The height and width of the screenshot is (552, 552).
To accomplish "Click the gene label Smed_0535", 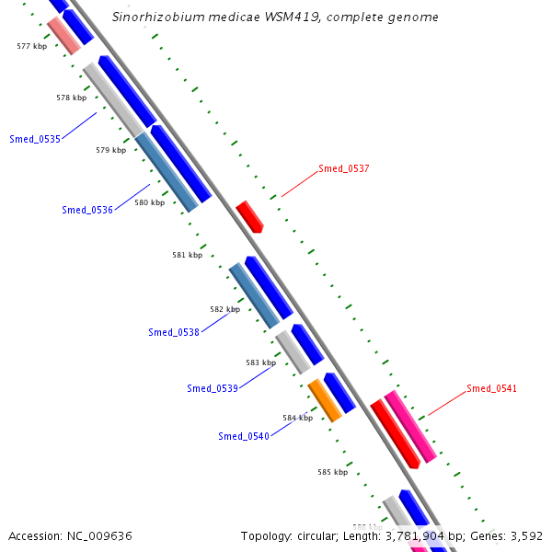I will coord(35,140).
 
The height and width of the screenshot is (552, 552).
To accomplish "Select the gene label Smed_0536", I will coord(87,210).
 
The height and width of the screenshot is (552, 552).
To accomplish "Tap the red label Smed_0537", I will coord(344,168).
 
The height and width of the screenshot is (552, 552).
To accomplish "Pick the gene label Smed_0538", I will coord(174,332).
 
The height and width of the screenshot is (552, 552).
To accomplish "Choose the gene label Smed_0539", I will coord(213,388).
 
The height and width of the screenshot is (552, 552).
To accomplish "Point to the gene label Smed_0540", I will coord(244,436).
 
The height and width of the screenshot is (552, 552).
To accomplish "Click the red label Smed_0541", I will coord(491,388).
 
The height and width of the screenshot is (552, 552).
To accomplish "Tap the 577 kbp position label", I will coord(31,45).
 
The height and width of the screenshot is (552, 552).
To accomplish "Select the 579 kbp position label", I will coord(110,150).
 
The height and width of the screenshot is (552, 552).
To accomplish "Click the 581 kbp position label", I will coord(187,255).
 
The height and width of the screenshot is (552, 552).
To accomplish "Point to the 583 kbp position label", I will coord(260,362).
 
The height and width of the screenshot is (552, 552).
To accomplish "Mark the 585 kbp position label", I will coord(332,472).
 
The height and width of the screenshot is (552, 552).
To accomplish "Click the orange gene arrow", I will coord(325,399).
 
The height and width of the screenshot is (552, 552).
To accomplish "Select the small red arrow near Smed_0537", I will coord(249,216).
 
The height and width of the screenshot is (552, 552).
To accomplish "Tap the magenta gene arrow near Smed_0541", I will coord(410,426).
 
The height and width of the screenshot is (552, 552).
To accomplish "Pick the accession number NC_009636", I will coord(99,535).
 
